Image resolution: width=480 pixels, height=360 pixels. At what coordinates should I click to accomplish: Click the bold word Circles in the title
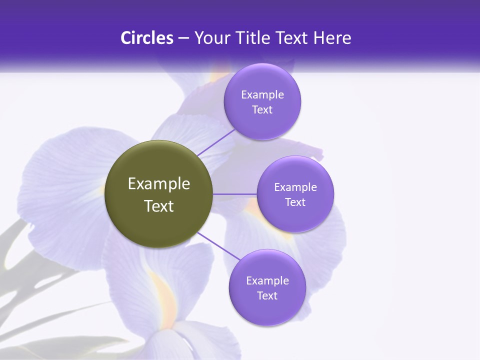tap(146, 38)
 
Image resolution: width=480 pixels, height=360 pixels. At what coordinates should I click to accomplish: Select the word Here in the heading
tap(332, 38)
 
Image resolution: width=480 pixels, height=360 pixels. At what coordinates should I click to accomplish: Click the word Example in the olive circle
tap(159, 184)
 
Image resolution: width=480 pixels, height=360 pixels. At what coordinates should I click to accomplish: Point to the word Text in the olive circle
tap(159, 206)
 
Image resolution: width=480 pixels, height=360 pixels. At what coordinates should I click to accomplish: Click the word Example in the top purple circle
tap(262, 95)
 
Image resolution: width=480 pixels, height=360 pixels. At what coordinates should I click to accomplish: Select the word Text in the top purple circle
tap(262, 110)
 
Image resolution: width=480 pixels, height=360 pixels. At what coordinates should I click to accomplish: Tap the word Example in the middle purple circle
tap(295, 187)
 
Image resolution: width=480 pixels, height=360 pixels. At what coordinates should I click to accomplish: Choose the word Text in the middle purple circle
tap(295, 202)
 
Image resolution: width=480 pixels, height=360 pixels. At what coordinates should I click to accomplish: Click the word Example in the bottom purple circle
tap(267, 281)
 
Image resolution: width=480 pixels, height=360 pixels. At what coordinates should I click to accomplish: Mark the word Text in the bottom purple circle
tap(267, 296)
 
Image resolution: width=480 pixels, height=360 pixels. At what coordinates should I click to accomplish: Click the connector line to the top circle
tap(216, 142)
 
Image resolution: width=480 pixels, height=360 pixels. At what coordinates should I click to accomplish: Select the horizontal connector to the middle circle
tap(235, 193)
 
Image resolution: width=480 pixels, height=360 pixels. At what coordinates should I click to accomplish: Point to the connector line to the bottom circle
tap(218, 246)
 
